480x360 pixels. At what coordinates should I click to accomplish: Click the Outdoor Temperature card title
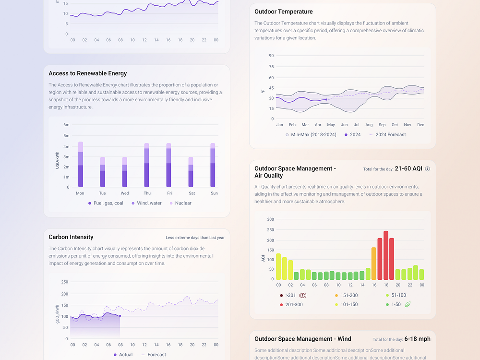283,12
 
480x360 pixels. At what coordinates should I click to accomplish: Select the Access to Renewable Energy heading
87,73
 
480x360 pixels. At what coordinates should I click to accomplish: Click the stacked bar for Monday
81,165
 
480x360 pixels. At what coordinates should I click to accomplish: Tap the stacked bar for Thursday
146,165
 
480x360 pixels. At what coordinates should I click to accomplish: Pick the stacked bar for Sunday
213,165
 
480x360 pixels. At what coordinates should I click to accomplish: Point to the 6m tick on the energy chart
66,125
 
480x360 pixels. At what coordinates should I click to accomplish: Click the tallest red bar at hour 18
386,255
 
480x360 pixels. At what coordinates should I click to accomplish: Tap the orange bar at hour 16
374,264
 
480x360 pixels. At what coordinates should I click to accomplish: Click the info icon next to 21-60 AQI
428,169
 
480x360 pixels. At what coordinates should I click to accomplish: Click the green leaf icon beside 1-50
408,304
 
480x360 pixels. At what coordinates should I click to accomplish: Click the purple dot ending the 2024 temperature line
326,99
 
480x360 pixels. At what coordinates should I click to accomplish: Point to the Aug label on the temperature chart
369,125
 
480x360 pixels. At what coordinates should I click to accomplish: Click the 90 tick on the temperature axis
271,56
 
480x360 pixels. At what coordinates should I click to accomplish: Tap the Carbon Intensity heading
71,237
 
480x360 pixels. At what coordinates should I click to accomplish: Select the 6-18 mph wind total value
417,339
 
